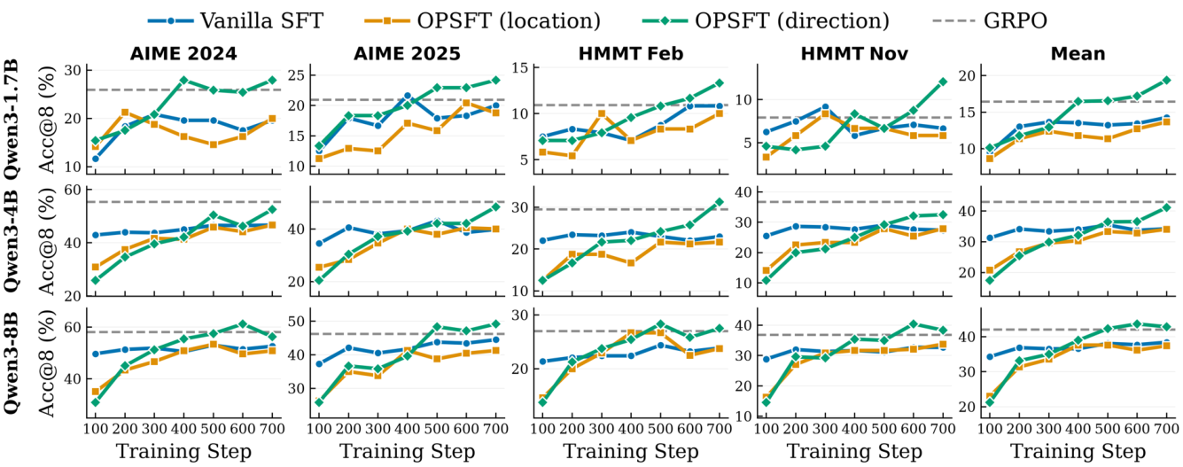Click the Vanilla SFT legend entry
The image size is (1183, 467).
pyautogui.click(x=236, y=20)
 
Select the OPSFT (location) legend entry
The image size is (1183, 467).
pyautogui.click(x=482, y=20)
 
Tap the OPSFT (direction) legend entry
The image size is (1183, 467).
pyautogui.click(x=766, y=20)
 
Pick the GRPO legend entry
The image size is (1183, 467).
pyautogui.click(x=990, y=20)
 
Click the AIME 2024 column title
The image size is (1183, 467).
pyautogui.click(x=183, y=53)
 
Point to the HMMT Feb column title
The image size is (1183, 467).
pyautogui.click(x=631, y=53)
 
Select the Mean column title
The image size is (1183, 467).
pyautogui.click(x=1078, y=53)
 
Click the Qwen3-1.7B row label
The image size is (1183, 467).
pyautogui.click(x=12, y=120)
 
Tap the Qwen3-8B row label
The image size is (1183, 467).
pyautogui.click(x=12, y=364)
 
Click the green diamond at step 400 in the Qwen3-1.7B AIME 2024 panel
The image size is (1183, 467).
pyautogui.click(x=183, y=81)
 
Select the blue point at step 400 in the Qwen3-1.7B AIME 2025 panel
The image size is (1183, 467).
pyautogui.click(x=408, y=96)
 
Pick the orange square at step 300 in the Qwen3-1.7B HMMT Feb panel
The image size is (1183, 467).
pyautogui.click(x=601, y=113)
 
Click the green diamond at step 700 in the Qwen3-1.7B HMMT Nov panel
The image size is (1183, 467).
pyautogui.click(x=943, y=82)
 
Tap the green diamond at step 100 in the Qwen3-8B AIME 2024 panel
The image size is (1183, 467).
pyautogui.click(x=96, y=402)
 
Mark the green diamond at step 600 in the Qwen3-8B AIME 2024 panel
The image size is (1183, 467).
pyautogui.click(x=243, y=323)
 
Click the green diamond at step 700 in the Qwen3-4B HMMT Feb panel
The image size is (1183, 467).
pyautogui.click(x=720, y=202)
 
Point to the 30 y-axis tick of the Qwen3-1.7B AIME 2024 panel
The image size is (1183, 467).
pyautogui.click(x=73, y=70)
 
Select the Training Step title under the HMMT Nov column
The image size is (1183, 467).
pyautogui.click(x=854, y=452)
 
